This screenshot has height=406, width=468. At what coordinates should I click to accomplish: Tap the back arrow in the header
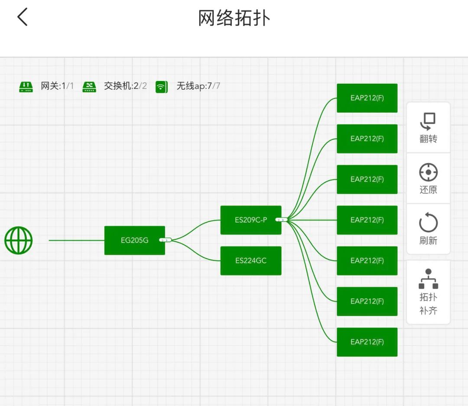tap(23, 17)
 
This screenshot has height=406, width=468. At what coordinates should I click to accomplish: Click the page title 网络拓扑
tap(234, 18)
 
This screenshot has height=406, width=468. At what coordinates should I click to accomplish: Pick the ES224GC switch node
tap(250, 260)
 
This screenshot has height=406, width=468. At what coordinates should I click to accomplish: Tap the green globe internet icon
tap(19, 240)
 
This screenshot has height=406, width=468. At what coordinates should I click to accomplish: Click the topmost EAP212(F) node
tap(367, 98)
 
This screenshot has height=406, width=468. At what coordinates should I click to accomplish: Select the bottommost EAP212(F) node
tap(367, 342)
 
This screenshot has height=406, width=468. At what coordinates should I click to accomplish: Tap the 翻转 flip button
tap(428, 127)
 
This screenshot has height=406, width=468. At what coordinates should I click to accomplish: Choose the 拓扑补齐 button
tap(428, 292)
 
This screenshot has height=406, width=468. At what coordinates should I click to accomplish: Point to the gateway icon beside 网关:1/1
tap(26, 86)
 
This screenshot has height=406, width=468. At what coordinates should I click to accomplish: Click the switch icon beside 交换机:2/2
tap(89, 86)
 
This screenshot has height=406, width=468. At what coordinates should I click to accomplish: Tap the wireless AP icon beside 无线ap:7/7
tap(162, 87)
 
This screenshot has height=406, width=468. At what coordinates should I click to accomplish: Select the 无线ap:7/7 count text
tap(198, 86)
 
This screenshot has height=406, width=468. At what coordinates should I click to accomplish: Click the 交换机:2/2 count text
tap(125, 86)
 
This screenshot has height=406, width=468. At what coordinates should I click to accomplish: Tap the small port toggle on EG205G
tap(166, 240)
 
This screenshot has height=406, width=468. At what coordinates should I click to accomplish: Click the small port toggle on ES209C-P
tap(282, 220)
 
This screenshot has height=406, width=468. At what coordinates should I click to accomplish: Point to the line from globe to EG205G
tap(76, 240)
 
